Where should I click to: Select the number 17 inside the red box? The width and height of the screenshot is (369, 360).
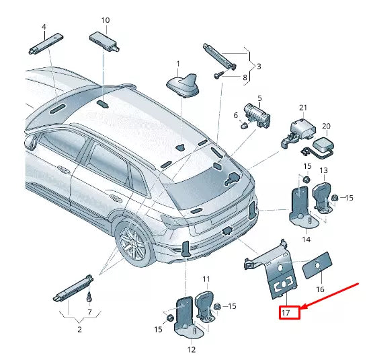[x=285, y=312]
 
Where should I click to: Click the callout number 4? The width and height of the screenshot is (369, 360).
[x=44, y=28]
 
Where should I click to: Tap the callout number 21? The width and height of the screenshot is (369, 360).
[x=302, y=108]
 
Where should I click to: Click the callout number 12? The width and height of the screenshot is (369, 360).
[x=191, y=349]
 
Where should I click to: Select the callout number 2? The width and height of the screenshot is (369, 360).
[x=79, y=330]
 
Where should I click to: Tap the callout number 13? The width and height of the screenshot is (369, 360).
[x=323, y=170]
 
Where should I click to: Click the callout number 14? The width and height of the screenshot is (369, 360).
[x=305, y=239]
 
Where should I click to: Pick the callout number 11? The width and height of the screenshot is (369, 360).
[x=206, y=278]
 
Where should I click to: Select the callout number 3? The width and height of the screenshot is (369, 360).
[x=258, y=66]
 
